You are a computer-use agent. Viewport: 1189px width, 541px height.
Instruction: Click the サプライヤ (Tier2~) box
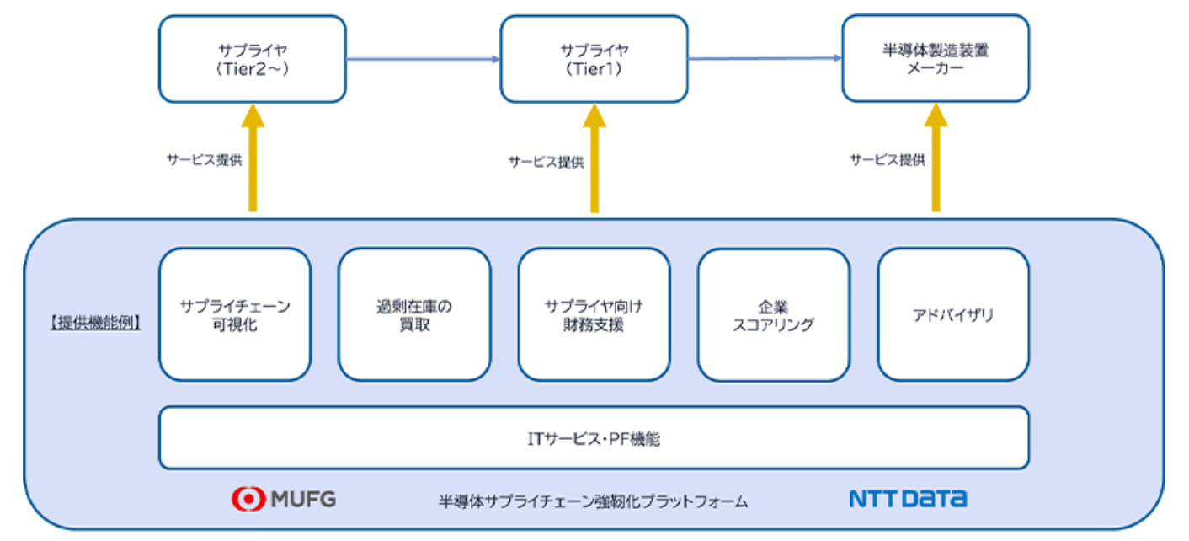253,59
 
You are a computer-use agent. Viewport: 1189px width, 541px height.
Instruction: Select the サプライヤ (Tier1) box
594,59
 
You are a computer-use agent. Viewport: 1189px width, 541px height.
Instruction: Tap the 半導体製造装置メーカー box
936,58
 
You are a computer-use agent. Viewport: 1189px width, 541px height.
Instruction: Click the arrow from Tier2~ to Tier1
423,59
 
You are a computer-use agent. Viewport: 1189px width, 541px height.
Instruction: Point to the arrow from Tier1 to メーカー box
765,58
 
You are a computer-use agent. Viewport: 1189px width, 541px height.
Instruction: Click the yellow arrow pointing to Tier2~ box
253,158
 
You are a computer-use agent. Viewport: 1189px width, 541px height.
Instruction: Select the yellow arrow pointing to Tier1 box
594,158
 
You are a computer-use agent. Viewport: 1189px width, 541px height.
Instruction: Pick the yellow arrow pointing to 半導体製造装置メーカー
936,158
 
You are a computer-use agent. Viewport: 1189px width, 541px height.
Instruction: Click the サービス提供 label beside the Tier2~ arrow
204,160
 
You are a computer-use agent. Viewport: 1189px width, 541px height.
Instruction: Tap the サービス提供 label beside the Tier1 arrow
546,162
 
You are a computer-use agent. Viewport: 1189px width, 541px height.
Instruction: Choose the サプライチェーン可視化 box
235,314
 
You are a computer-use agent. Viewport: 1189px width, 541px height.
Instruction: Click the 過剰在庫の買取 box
414,314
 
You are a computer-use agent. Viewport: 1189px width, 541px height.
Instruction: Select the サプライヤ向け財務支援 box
594,314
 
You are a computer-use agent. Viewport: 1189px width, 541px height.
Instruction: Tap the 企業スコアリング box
774,315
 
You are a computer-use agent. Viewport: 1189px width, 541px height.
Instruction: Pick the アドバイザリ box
953,314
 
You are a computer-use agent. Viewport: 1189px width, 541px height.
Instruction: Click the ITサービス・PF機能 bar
594,438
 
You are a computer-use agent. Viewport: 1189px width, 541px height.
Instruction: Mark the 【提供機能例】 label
95,323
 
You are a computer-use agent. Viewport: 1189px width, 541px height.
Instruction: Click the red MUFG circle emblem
248,499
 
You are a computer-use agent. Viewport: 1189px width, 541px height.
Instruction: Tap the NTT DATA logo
909,499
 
